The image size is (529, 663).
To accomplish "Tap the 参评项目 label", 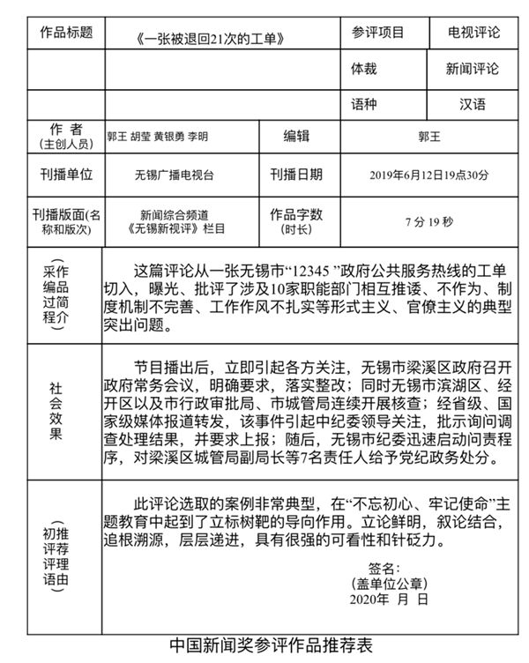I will pos(377,33).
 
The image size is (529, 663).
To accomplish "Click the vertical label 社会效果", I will pos(56,410).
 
